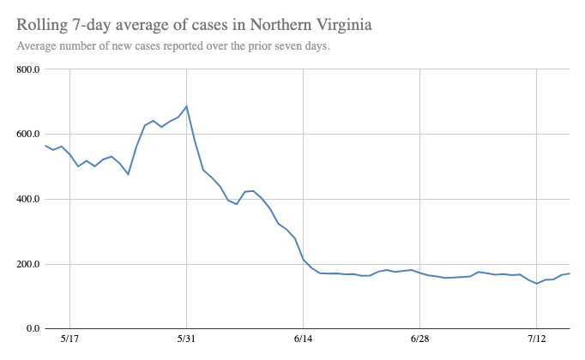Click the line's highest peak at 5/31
pyautogui.click(x=186, y=106)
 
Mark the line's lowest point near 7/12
pyautogui.click(x=537, y=284)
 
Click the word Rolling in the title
pyautogui.click(x=44, y=26)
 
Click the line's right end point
pyautogui.click(x=570, y=273)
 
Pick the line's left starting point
pyautogui.click(x=45, y=146)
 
